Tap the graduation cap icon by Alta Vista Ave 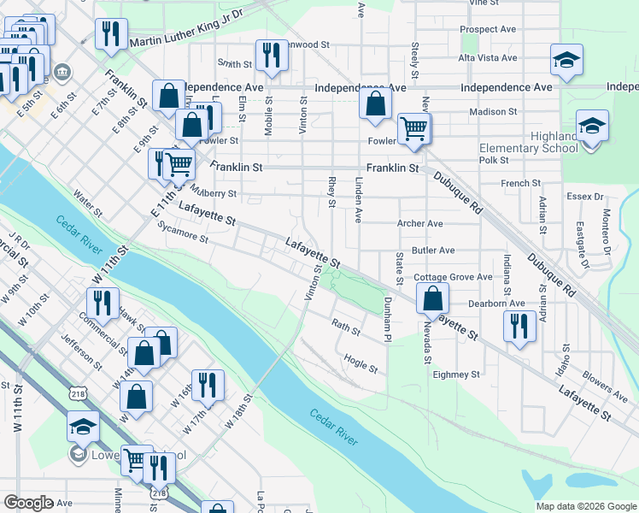pyautogui.click(x=566, y=60)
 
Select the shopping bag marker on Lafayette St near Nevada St pyautogui.click(x=433, y=298)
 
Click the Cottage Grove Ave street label pyautogui.click(x=453, y=277)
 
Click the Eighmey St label pyautogui.click(x=456, y=374)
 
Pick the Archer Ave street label pyautogui.click(x=419, y=223)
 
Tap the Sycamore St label pyautogui.click(x=183, y=233)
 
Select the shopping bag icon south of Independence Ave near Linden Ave pyautogui.click(x=375, y=105)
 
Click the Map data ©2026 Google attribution pyautogui.click(x=586, y=506)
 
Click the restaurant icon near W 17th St pyautogui.click(x=208, y=386)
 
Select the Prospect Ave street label pyautogui.click(x=488, y=29)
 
